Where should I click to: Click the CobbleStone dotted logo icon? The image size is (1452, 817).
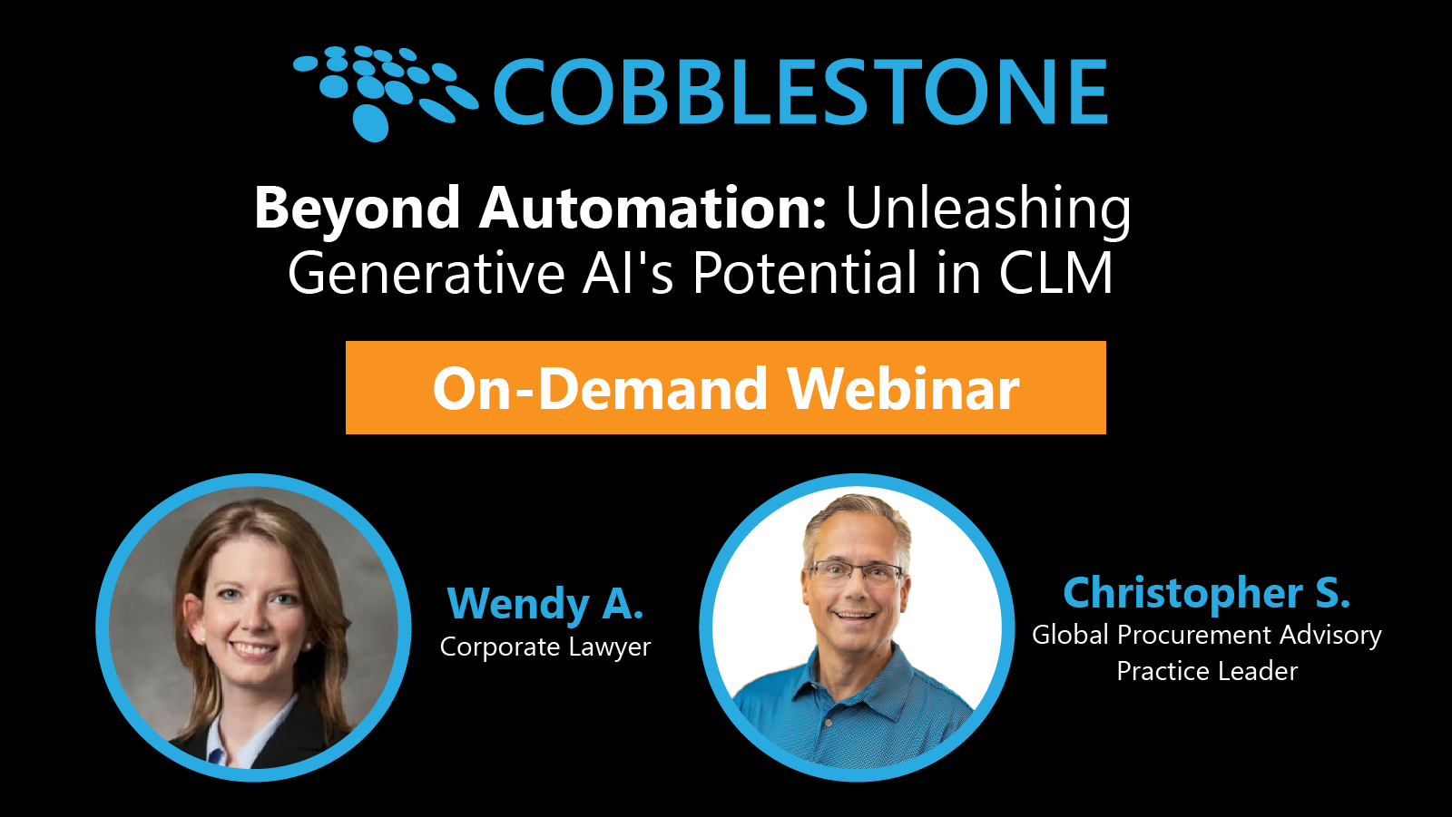point(381,91)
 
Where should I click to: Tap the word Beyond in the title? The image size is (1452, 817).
point(358,209)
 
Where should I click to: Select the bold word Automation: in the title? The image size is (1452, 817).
point(652,208)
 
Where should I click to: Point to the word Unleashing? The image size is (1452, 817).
point(988,209)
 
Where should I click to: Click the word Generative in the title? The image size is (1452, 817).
point(427,273)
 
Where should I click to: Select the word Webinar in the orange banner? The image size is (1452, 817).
point(903,388)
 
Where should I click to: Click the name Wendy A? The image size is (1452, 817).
point(545,604)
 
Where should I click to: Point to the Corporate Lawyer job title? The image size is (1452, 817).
point(545,647)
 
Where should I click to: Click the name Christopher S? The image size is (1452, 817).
point(1206,593)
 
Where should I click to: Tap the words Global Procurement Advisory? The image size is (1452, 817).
point(1206,635)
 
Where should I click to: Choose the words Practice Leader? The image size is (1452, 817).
point(1206,671)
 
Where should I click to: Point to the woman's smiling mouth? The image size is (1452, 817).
point(253,649)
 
